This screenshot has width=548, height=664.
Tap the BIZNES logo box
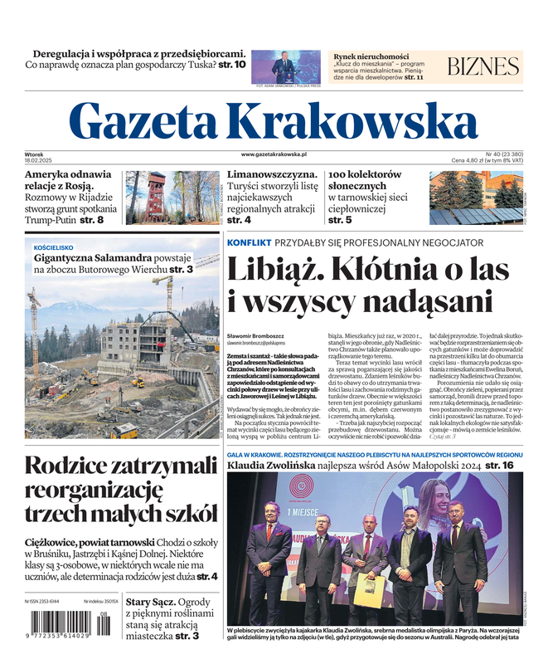pyautogui.click(x=483, y=67)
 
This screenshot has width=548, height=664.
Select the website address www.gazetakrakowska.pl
pyautogui.click(x=274, y=154)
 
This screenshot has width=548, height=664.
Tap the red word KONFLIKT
pyautogui.click(x=249, y=242)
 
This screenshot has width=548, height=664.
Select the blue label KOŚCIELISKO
pyautogui.click(x=54, y=247)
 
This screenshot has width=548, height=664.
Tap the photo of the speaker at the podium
pyautogui.click(x=284, y=66)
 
